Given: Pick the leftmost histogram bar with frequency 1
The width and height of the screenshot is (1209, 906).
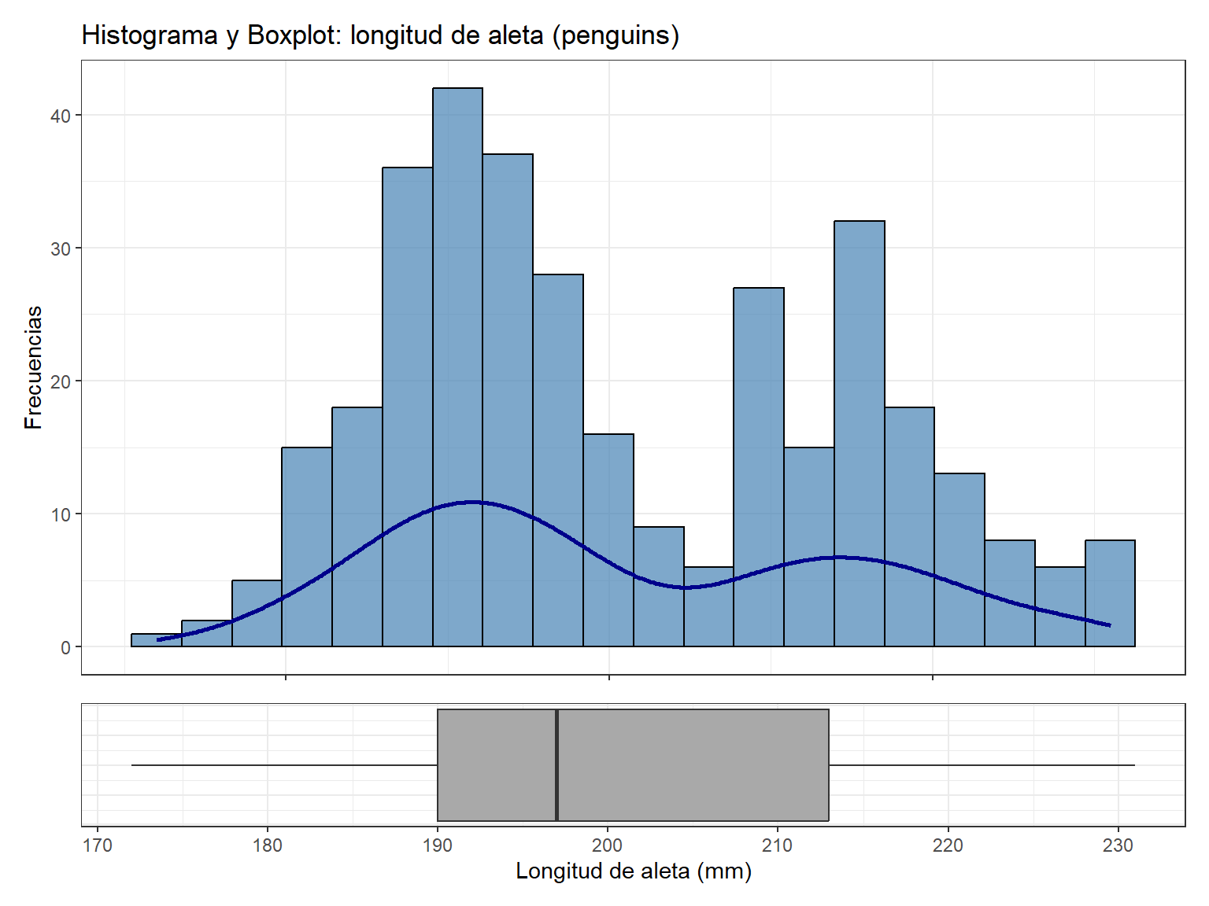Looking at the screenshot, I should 156,640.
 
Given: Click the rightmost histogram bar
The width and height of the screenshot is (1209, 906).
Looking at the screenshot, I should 1110,593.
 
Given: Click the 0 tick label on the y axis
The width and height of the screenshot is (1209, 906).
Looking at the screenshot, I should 66,647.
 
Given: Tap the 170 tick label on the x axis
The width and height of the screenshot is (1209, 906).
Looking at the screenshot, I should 98,845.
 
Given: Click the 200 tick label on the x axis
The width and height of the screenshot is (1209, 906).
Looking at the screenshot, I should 608,845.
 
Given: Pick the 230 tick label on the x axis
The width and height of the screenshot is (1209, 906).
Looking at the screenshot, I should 1118,845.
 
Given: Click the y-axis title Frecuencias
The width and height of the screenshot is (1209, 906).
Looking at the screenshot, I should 33,367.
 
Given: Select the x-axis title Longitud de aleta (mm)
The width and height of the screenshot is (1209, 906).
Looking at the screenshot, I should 634,871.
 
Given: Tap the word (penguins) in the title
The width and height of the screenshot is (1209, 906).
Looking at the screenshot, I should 616,36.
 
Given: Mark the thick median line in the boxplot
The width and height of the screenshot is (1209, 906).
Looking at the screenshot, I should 556,765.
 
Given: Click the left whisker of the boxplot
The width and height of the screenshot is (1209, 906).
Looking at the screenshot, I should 283,765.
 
